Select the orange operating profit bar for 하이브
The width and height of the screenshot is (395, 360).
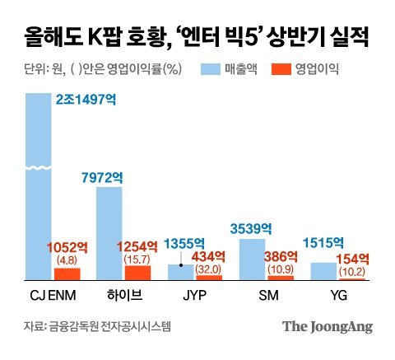(x=137, y=273)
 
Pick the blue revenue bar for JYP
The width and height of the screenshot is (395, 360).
(x=181, y=273)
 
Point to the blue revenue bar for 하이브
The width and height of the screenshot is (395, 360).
(x=109, y=234)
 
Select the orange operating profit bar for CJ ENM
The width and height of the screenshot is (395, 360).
(x=67, y=274)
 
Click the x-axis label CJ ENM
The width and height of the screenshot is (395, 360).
(x=52, y=293)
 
